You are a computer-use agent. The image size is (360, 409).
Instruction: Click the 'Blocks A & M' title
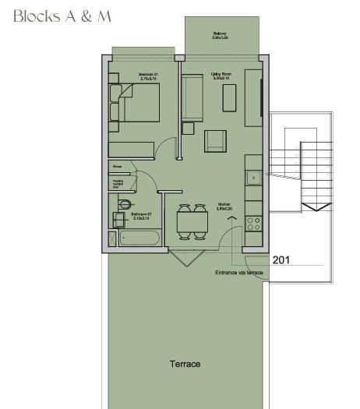pos(62,17)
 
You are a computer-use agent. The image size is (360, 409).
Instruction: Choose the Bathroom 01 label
pos(140,215)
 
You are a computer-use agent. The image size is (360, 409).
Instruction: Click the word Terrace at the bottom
pos(185,364)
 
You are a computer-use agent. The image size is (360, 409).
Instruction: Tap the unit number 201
pos(281,259)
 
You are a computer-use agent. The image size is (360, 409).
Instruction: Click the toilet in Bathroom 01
pos(125,204)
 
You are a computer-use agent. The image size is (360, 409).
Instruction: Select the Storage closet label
pos(117,167)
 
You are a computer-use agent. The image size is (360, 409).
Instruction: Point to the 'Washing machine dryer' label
pos(117,183)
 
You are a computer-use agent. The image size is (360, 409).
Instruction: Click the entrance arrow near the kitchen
pos(231,220)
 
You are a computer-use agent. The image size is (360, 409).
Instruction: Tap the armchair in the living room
pos(216,141)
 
